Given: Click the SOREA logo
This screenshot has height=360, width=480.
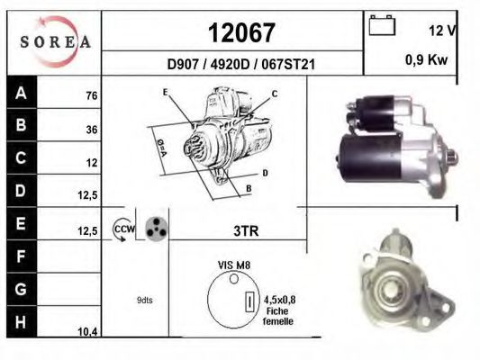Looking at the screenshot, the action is point(56,41).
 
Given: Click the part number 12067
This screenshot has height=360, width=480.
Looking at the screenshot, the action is point(241,32).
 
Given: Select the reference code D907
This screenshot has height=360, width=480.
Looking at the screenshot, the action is point(183,65).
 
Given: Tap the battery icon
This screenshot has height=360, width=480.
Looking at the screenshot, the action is point(382,25).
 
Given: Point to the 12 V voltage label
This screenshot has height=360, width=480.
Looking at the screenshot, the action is point(442,31).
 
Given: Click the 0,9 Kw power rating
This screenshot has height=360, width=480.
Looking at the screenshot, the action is point(427,59).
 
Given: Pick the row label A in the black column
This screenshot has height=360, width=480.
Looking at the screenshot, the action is point(21,93).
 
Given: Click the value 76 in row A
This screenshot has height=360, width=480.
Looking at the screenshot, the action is point(92,95).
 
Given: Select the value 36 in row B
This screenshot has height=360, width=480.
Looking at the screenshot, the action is point(92,130).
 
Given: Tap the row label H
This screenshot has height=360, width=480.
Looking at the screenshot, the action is point(21,322).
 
